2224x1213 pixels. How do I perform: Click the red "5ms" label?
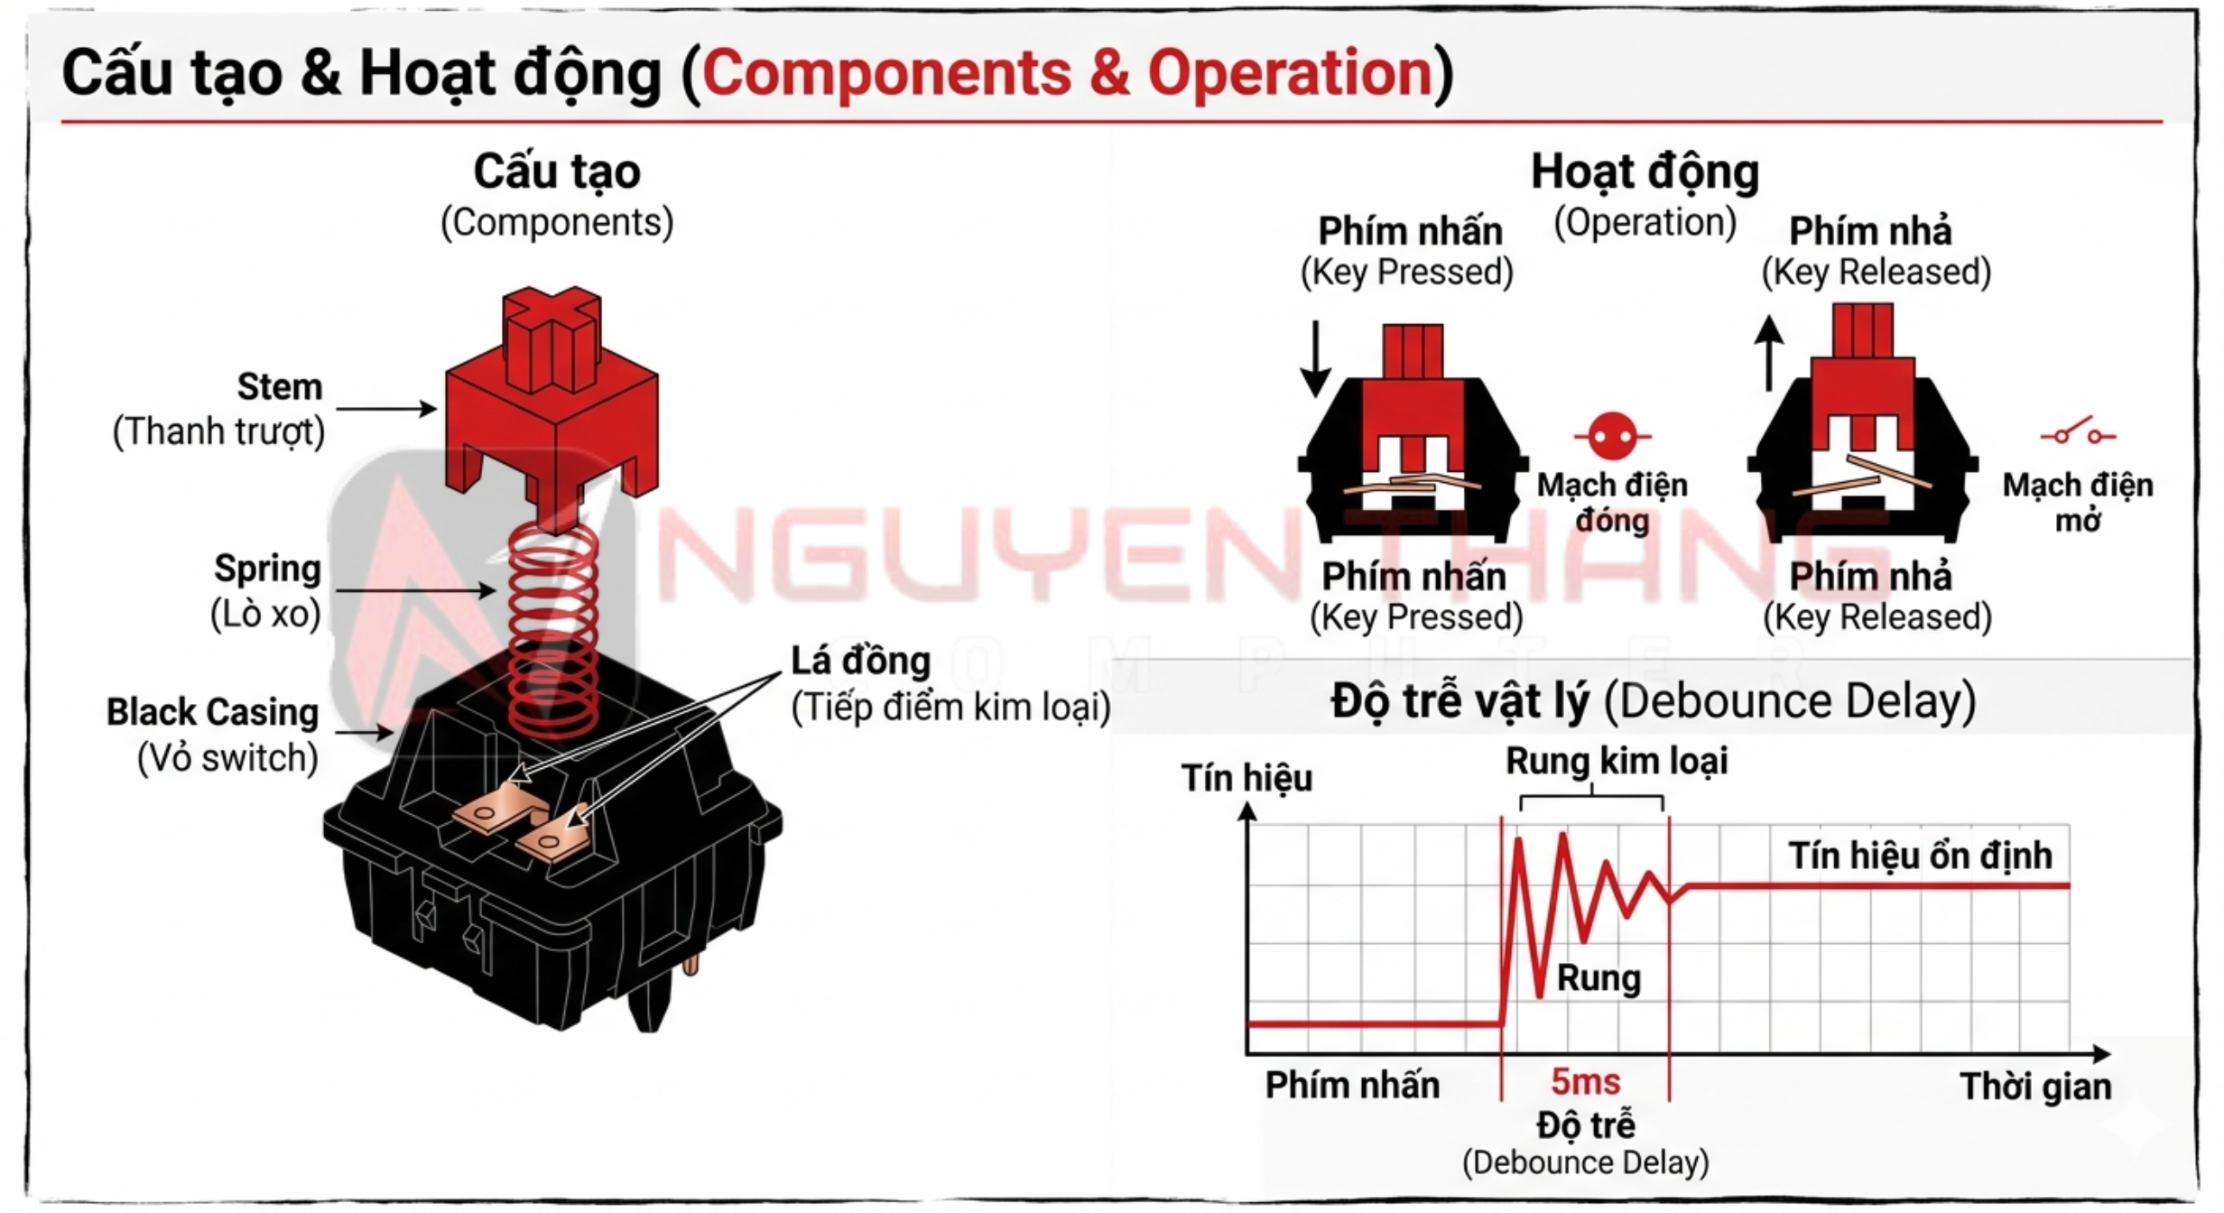point(1585,1080)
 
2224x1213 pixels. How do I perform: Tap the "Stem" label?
point(280,386)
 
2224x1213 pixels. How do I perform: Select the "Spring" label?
point(267,569)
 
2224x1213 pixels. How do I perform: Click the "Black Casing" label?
point(213,712)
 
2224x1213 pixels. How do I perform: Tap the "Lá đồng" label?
point(861,661)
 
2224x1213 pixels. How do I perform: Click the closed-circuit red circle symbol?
point(1612,437)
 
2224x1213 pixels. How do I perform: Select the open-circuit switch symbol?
point(2078,431)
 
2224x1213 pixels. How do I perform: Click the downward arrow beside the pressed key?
point(1316,358)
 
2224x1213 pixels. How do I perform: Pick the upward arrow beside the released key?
point(1769,353)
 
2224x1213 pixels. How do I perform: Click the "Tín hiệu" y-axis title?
point(1247,778)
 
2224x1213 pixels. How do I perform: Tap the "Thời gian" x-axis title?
point(2036,1086)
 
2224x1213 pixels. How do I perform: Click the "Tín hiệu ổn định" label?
point(1921,856)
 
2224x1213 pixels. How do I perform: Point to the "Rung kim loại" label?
point(1617,761)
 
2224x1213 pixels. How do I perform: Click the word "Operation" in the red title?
point(1290,72)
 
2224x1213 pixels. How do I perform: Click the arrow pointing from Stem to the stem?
point(386,409)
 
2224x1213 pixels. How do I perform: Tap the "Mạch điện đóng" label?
point(1612,503)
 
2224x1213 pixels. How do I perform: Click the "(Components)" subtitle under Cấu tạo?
point(557,222)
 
